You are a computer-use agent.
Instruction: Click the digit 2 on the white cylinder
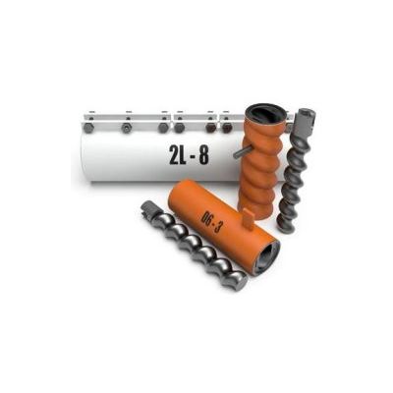(175, 154)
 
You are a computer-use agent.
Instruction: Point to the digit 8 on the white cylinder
(203, 154)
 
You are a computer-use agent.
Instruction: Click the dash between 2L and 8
(194, 155)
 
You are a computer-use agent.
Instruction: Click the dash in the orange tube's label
(209, 221)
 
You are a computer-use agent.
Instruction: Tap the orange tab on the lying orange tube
(248, 219)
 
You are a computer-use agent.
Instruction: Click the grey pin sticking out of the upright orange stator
(243, 151)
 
